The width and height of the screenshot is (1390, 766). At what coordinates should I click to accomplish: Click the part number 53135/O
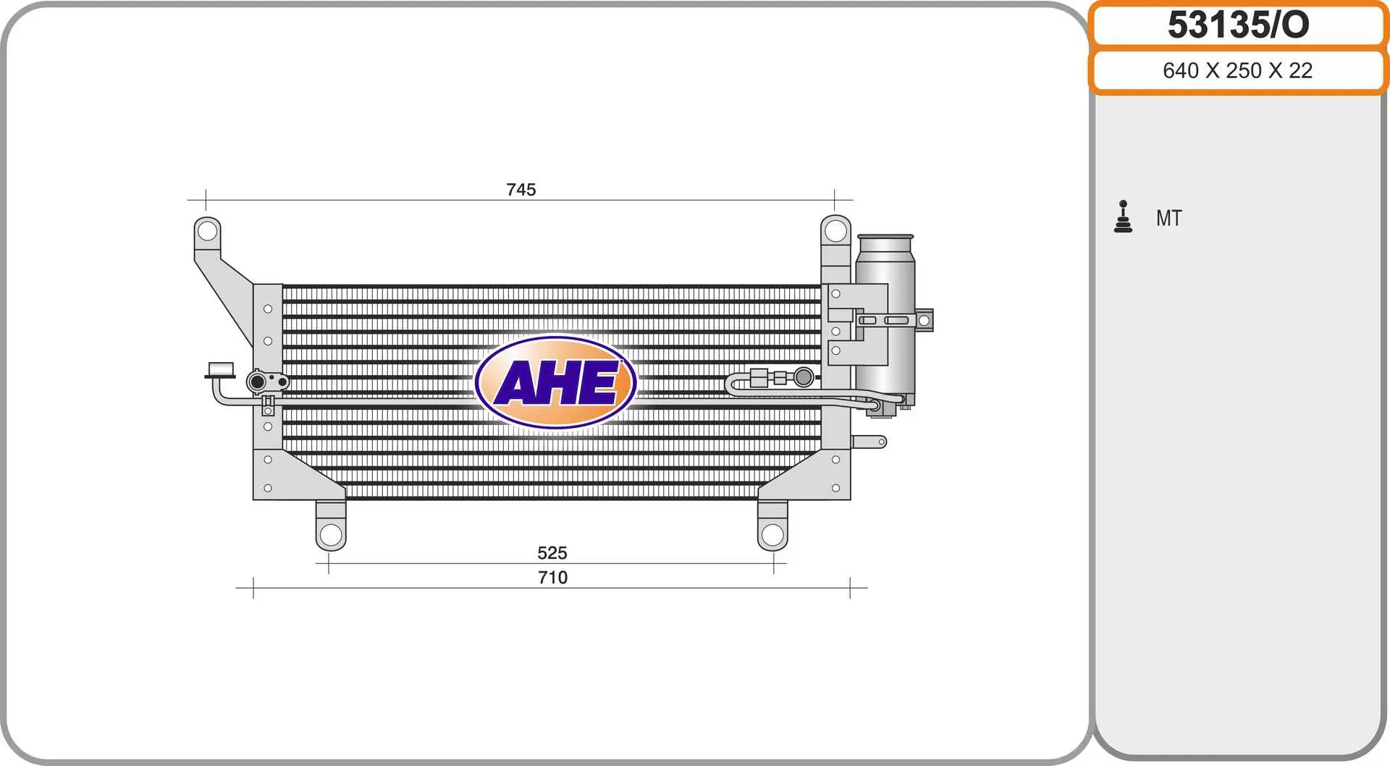click(1238, 25)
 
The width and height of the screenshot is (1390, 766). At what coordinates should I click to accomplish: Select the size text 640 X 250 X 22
click(1237, 70)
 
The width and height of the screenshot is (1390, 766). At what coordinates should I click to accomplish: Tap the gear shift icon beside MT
click(1123, 216)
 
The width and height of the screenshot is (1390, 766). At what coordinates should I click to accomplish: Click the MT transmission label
click(1168, 218)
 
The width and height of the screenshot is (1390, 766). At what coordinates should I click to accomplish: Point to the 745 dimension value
click(521, 190)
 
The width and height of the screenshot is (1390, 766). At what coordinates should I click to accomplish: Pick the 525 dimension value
click(552, 553)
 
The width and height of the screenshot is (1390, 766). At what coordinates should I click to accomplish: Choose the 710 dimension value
click(552, 578)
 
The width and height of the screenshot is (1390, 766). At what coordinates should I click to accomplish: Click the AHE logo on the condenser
click(556, 382)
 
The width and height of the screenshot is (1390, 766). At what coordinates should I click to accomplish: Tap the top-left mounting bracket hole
click(207, 231)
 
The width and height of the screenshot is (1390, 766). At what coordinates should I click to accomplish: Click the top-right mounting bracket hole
click(835, 231)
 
